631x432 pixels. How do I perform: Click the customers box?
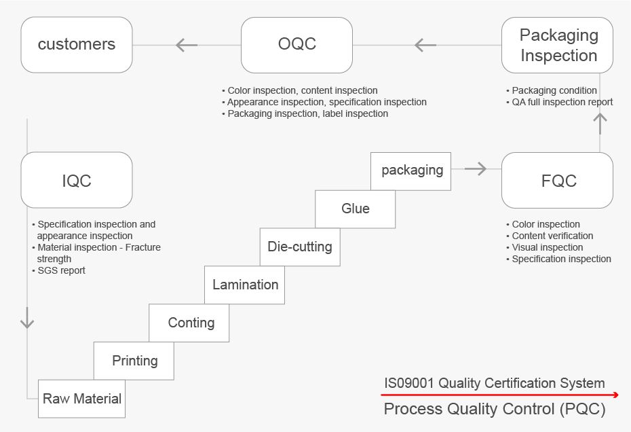click(77, 45)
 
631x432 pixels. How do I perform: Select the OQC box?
click(297, 45)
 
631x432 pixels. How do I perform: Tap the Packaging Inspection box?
click(557, 45)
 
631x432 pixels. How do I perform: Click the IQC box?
click(77, 180)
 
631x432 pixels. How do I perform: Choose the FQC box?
click(557, 180)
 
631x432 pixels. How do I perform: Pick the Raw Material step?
click(81, 399)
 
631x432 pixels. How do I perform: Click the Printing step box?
click(134, 361)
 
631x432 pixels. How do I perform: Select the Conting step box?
click(189, 323)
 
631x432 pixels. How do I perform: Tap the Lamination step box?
click(245, 285)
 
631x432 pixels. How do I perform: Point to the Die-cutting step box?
click(300, 247)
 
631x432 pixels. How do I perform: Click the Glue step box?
click(356, 209)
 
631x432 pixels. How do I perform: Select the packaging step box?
click(411, 171)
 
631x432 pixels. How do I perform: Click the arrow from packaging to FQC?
click(476, 169)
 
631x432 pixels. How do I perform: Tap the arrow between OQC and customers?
click(187, 45)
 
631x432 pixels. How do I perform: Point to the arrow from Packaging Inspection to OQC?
click(425, 45)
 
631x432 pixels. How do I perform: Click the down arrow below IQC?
click(27, 318)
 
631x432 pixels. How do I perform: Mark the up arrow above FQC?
click(600, 124)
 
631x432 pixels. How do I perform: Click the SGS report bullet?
click(59, 270)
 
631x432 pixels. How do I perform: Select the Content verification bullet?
click(550, 236)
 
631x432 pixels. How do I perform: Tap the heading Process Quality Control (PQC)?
click(495, 409)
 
